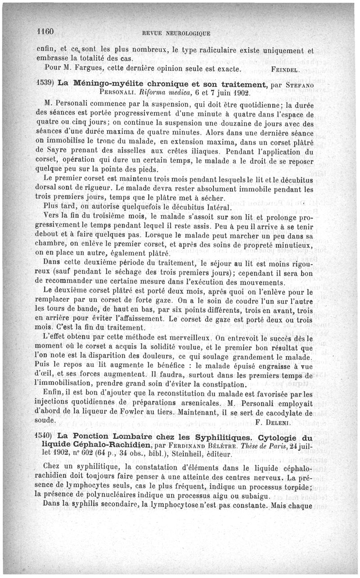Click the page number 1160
[45, 32]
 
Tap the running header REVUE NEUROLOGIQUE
[175, 33]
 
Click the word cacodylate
[281, 412]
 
